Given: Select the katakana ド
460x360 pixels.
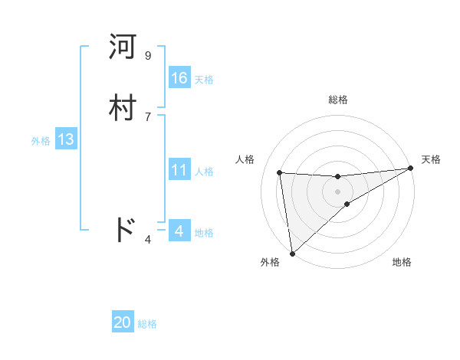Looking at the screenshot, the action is [x=124, y=229].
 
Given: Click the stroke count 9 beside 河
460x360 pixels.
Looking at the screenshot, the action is [x=147, y=56].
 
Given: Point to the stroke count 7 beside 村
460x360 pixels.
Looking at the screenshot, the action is [x=147, y=116].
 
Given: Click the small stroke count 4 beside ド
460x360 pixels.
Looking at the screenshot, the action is [x=147, y=240].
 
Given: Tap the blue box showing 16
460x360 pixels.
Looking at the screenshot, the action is [x=179, y=78].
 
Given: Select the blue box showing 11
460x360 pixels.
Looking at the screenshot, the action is [x=179, y=170].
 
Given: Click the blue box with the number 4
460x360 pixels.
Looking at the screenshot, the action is [x=179, y=231].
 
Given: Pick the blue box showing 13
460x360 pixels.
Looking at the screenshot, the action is [x=66, y=139].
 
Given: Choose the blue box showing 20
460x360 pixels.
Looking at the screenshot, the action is [x=123, y=322].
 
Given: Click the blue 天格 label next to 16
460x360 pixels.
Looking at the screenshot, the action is [x=204, y=80].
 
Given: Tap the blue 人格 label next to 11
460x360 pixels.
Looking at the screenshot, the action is [x=204, y=172].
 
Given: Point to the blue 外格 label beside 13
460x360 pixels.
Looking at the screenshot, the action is [x=41, y=141].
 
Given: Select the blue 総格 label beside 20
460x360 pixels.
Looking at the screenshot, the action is [x=147, y=324].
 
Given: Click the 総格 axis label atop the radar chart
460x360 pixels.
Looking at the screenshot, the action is [x=337, y=100].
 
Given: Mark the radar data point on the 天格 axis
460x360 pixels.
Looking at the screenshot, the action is [x=410, y=169].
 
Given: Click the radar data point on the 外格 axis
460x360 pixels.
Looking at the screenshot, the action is [x=291, y=253].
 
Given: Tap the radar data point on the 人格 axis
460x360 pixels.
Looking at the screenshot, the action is [x=280, y=172].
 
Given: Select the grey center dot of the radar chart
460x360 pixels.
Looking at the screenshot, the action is [x=337, y=191].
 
